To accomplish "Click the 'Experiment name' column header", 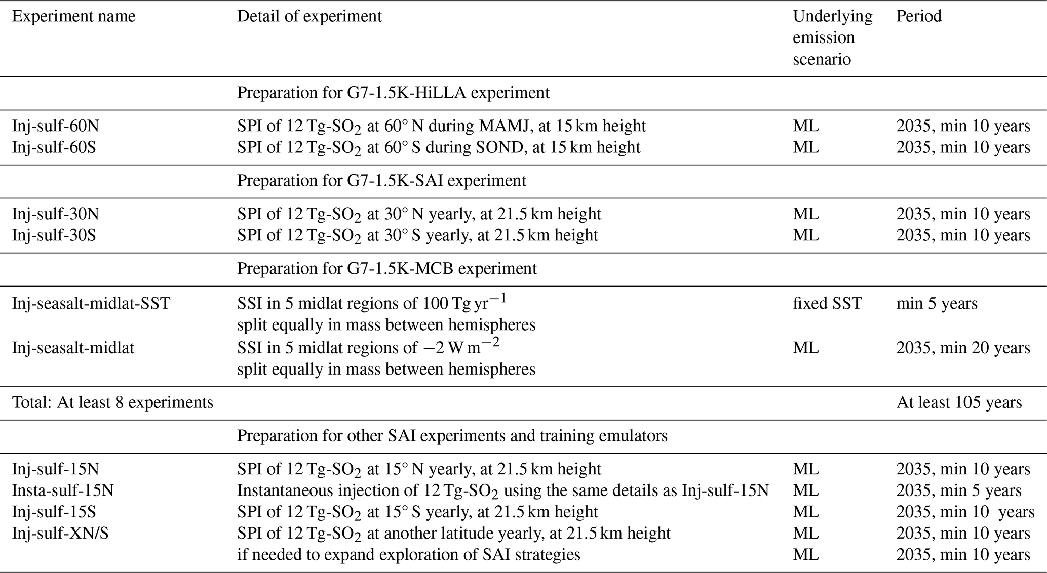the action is click(x=74, y=17).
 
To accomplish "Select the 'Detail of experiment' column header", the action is click(x=309, y=17).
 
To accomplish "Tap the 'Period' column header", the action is click(x=919, y=16).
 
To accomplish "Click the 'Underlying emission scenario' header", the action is click(x=833, y=38).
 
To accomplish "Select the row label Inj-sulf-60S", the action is click(x=54, y=147).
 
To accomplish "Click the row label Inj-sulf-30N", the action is click(x=56, y=214).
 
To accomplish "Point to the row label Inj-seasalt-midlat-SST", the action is click(x=91, y=303).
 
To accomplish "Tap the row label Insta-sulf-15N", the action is click(x=63, y=490).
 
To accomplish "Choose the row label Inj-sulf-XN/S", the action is click(x=60, y=533).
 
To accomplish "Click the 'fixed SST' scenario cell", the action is click(x=827, y=303).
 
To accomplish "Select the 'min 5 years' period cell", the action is click(x=937, y=304).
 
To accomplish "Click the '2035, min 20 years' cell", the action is click(x=963, y=348).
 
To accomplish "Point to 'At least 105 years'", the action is click(x=959, y=402).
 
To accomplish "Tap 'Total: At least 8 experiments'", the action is click(x=112, y=403).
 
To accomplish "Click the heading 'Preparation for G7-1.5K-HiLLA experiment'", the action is click(x=393, y=93).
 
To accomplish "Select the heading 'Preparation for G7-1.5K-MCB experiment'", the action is click(x=387, y=268).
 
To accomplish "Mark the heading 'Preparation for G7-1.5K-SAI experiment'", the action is click(x=381, y=181).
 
